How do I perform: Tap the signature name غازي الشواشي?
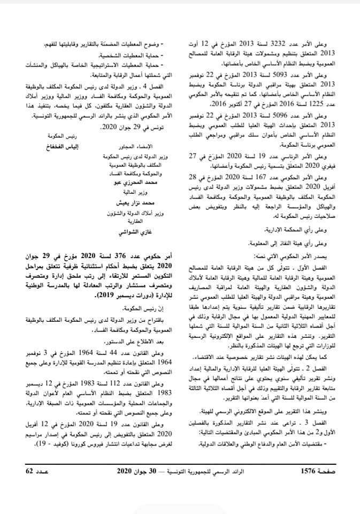(117, 232)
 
